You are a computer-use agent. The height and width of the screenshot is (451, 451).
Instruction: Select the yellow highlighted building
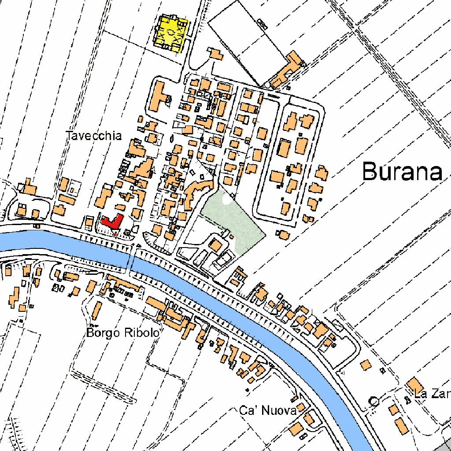coord(171,33)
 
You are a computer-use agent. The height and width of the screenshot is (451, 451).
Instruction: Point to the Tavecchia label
coord(93,135)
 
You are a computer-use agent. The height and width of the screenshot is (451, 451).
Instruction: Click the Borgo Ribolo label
coord(122,333)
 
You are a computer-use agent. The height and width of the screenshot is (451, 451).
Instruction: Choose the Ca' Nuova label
coord(267,411)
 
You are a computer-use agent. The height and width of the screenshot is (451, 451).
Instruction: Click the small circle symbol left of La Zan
coord(374,401)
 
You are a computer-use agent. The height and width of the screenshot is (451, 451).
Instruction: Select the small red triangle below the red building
coord(115,235)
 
